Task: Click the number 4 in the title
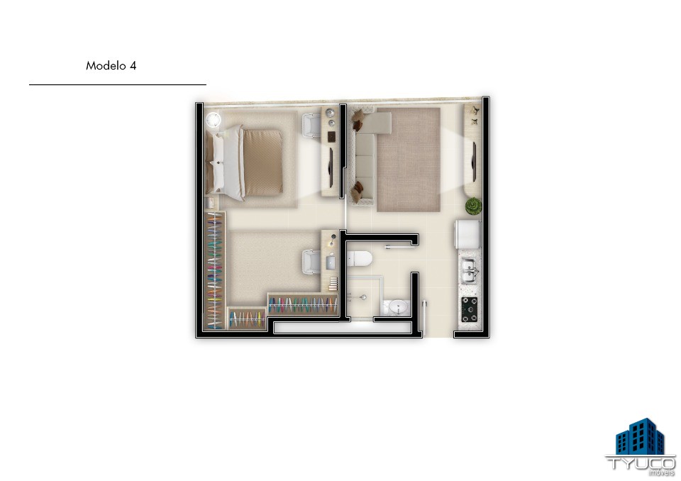click(x=133, y=65)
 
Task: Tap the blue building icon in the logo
click(x=640, y=436)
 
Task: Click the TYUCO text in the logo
click(x=641, y=463)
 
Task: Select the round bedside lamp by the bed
click(x=214, y=120)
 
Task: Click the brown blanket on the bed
click(x=263, y=162)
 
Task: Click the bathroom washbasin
click(x=398, y=307)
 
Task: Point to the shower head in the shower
click(x=363, y=298)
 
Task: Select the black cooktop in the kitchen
click(x=469, y=309)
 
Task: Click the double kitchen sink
click(x=469, y=270)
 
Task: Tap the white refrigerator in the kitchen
click(x=467, y=235)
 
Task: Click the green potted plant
click(x=473, y=206)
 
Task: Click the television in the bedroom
click(x=331, y=167)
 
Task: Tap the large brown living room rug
click(x=409, y=160)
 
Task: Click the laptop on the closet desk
click(x=331, y=262)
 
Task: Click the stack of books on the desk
click(x=333, y=284)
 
